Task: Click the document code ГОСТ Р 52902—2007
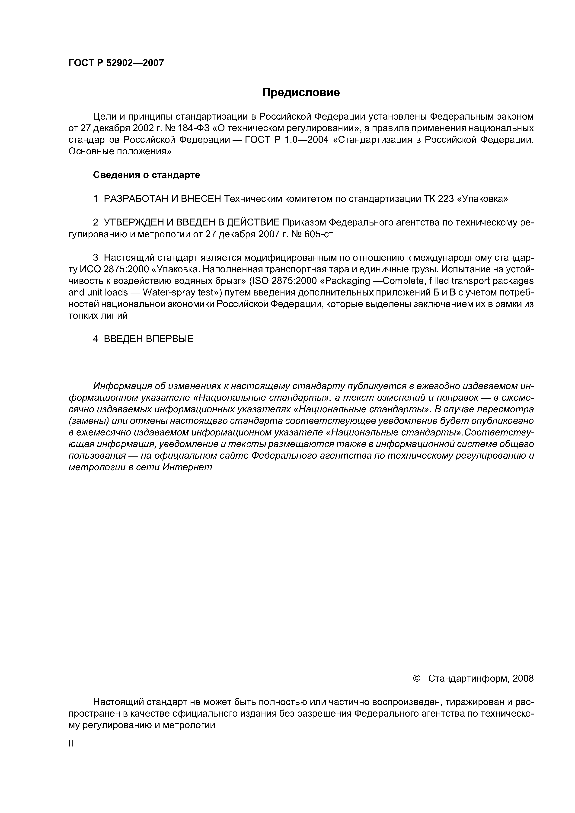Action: (x=116, y=63)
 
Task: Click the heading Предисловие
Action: (x=301, y=92)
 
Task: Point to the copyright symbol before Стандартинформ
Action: (x=417, y=678)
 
